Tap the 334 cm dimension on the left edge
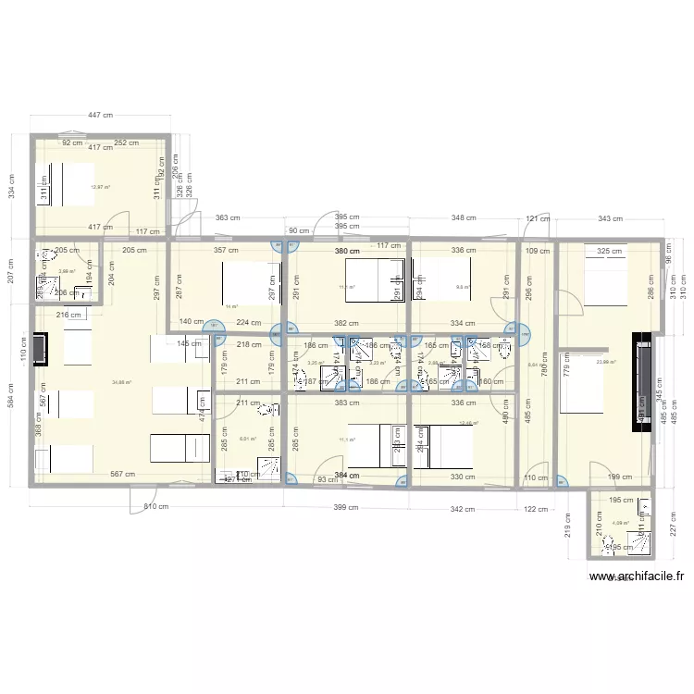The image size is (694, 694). [x=11, y=187]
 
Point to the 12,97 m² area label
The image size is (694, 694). [x=100, y=188]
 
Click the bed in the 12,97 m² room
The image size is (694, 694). [x=65, y=184]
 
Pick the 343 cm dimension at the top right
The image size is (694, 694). [x=609, y=218]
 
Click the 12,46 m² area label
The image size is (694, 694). [x=470, y=423]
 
